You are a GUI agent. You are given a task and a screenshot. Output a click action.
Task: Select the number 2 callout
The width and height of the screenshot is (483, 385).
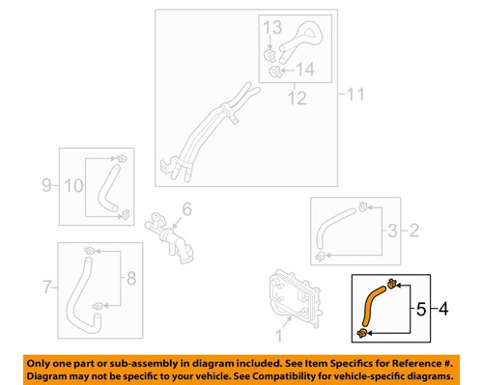[x=415, y=231]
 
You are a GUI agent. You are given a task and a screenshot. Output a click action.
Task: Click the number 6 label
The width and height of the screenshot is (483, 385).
[x=187, y=209]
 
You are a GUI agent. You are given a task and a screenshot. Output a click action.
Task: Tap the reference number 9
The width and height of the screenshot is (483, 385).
[x=46, y=182]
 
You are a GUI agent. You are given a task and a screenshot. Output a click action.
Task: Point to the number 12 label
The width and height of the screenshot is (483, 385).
[x=292, y=96]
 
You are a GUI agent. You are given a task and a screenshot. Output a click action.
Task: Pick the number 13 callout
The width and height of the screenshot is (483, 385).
[x=271, y=26]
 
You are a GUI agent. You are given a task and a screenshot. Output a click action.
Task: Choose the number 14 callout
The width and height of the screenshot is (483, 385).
[x=306, y=69]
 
